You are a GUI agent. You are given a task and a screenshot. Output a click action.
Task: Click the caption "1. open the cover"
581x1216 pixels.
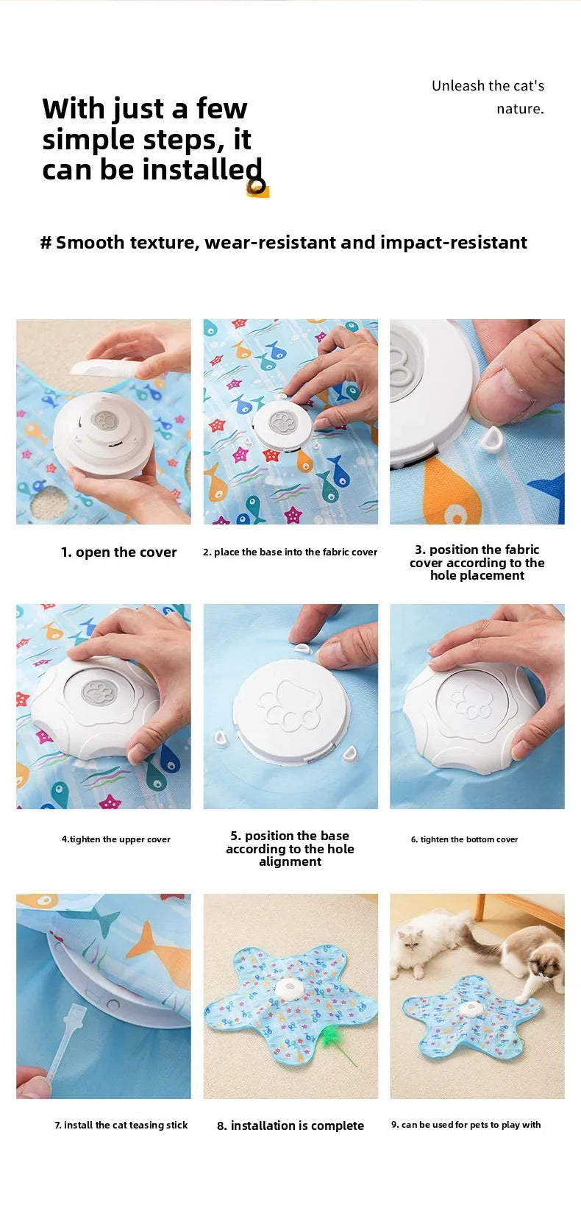pyautogui.click(x=118, y=552)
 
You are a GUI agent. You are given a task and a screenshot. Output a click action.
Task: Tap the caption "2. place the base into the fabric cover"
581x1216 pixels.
pyautogui.click(x=290, y=552)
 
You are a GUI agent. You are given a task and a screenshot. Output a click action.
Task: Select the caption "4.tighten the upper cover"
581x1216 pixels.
pyautogui.click(x=115, y=839)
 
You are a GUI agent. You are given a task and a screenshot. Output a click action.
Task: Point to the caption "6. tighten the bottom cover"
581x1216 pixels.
pyautogui.click(x=464, y=839)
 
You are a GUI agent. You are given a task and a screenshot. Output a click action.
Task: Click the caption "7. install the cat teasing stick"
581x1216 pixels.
pyautogui.click(x=121, y=1125)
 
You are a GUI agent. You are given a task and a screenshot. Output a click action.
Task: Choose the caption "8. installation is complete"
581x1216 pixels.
pyautogui.click(x=290, y=1126)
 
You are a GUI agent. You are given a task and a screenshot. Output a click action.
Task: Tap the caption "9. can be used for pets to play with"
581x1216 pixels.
pyautogui.click(x=466, y=1125)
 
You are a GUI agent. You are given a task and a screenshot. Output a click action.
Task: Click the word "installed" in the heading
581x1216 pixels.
pyautogui.click(x=202, y=169)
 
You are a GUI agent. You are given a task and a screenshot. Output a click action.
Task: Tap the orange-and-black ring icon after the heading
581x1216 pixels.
pyautogui.click(x=257, y=188)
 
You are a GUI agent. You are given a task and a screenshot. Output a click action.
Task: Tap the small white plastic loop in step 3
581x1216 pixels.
pyautogui.click(x=491, y=441)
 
